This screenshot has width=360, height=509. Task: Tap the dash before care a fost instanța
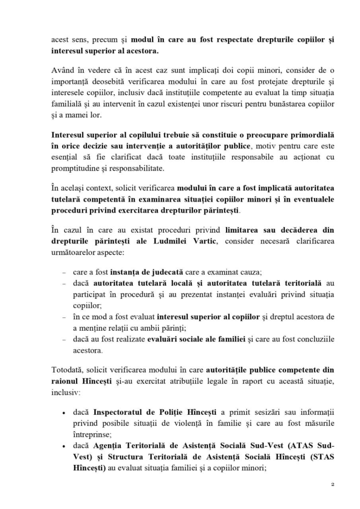(x=63, y=272)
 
